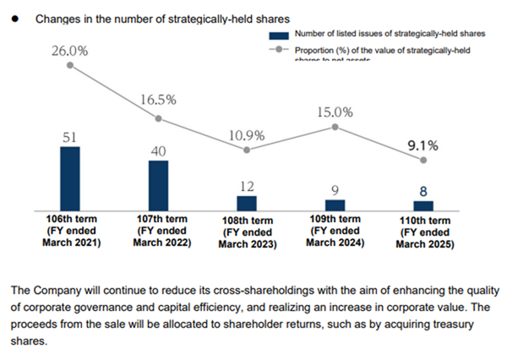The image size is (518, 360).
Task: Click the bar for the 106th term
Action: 70,178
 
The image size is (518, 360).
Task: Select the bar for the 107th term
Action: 158,185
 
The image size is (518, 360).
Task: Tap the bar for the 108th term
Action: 246,203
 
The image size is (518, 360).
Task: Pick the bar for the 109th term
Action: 335,205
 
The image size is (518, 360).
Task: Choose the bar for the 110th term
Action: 423,205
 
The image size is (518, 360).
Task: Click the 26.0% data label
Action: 70,51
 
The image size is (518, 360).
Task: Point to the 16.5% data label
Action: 158,100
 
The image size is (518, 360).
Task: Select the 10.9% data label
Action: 246,135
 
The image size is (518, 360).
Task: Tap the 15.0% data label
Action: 335,112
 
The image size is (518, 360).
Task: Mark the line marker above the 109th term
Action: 335,127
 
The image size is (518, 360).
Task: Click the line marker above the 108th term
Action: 246,150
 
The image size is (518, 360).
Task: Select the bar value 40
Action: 158,150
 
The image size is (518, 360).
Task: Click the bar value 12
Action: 246,186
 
